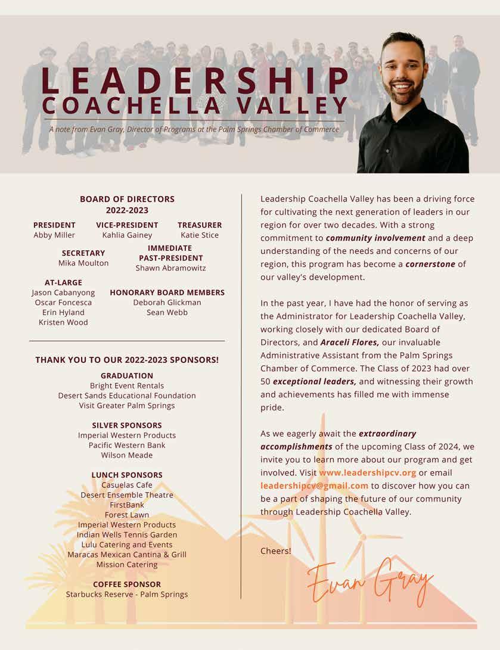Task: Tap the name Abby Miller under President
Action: [54, 235]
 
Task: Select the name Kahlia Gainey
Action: [127, 235]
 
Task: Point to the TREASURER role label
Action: [200, 225]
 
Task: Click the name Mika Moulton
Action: [83, 263]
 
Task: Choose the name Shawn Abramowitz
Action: [170, 268]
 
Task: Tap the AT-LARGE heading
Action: [63, 282]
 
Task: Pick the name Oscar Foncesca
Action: [63, 303]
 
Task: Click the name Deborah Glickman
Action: [167, 303]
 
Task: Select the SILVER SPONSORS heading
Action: [127, 425]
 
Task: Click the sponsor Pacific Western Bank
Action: [127, 445]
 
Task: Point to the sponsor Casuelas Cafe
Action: [127, 485]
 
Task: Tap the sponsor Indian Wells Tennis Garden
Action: [127, 534]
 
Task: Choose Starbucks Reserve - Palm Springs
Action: [127, 594]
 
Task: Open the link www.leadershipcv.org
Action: [367, 473]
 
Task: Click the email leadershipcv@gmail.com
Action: [314, 486]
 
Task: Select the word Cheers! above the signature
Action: [276, 551]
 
